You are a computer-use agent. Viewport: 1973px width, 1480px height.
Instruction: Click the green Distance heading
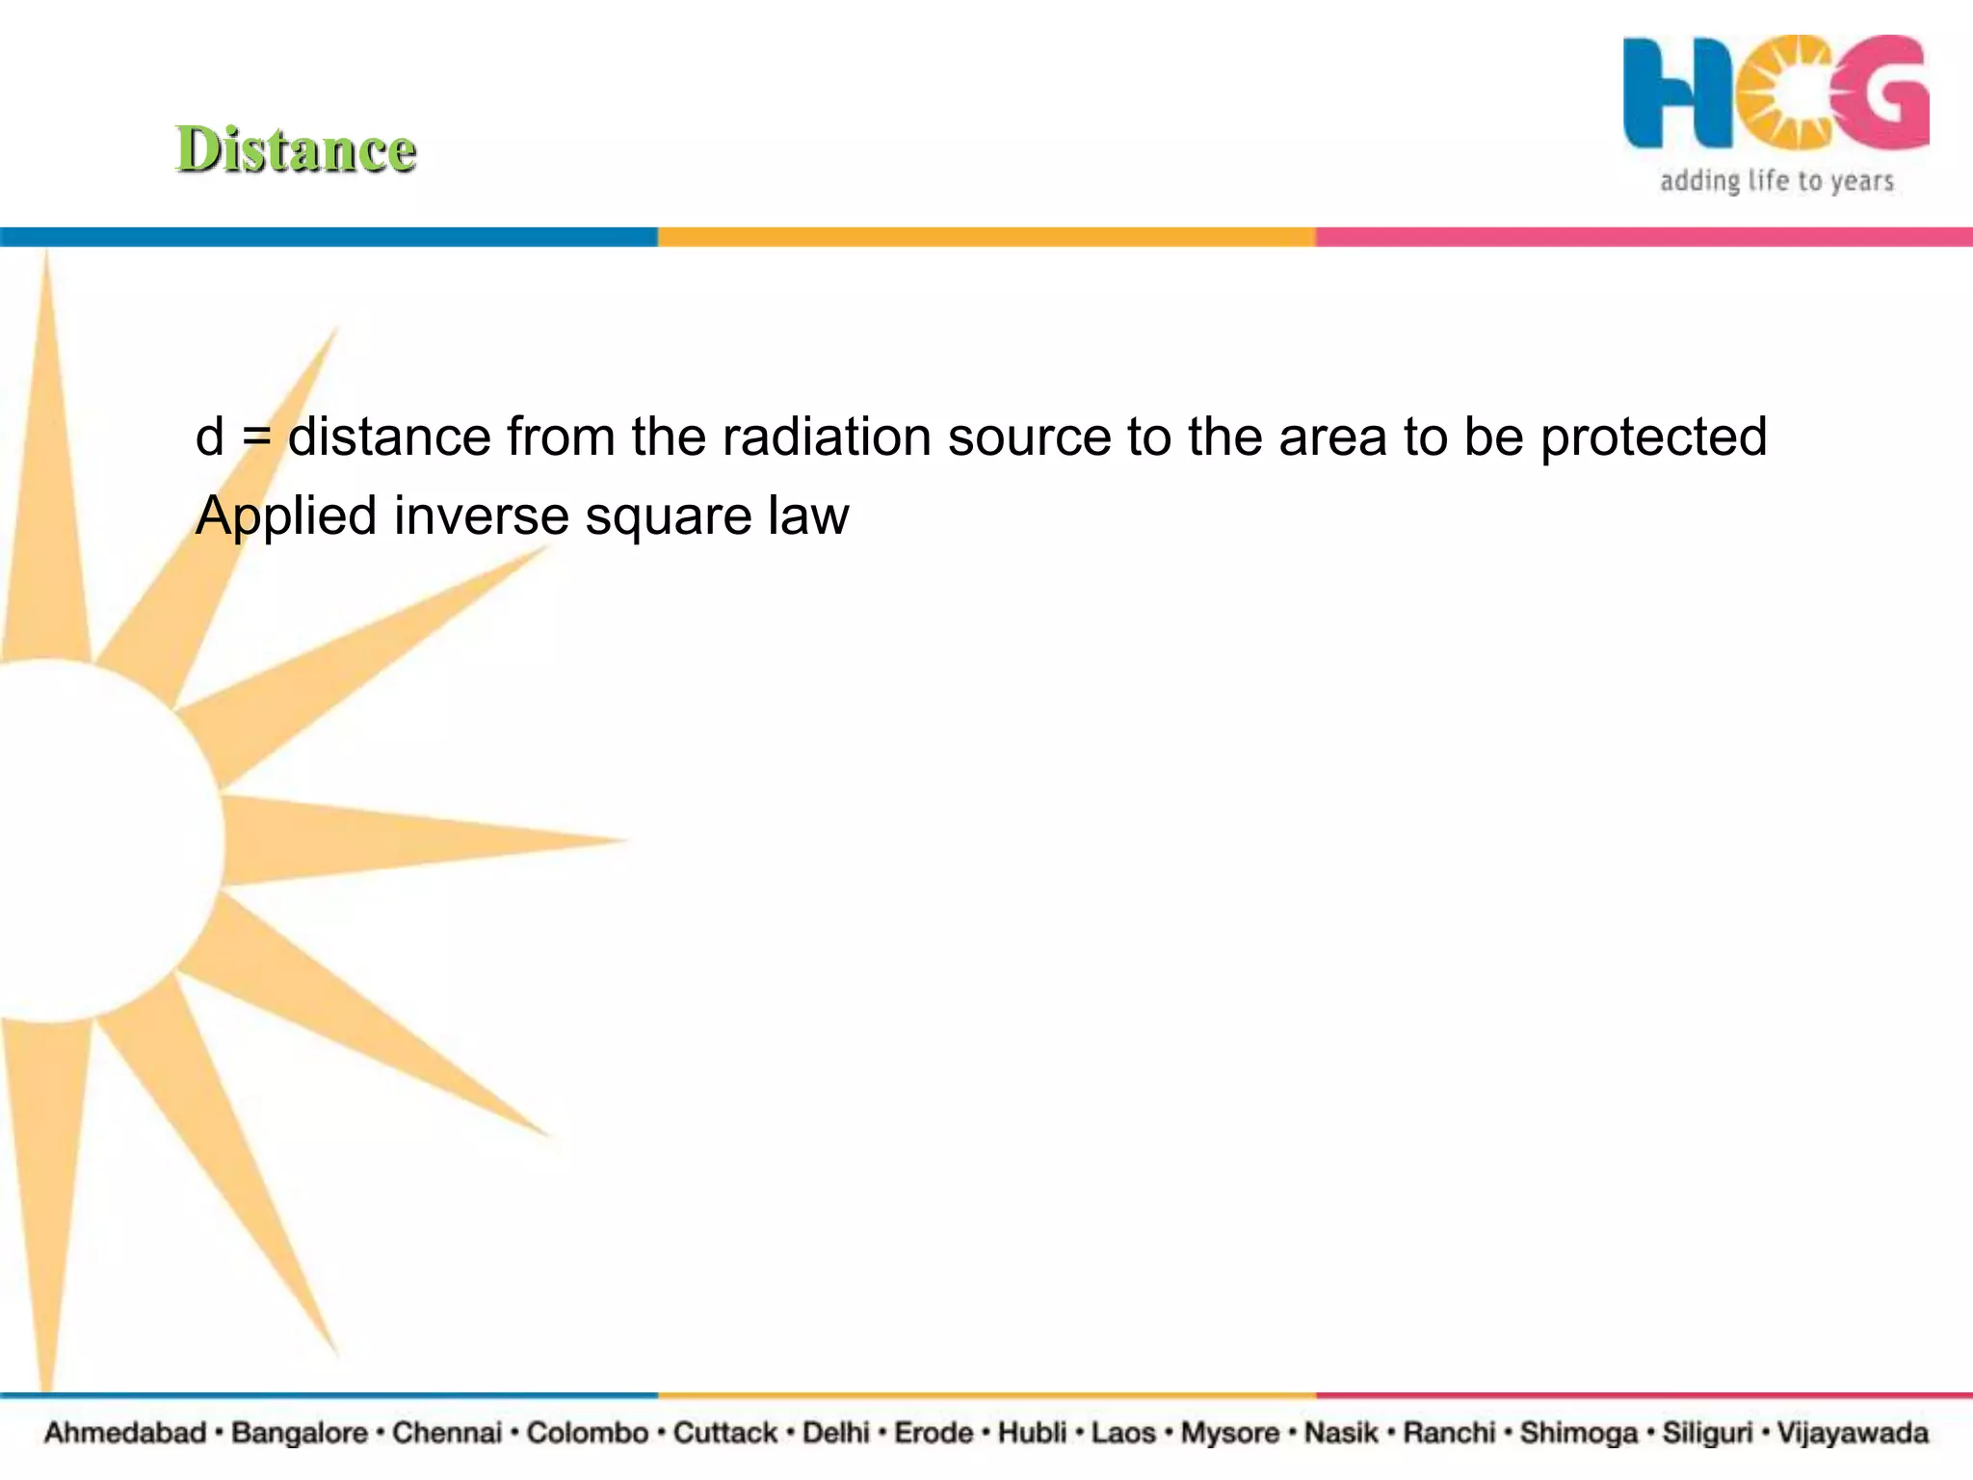click(x=296, y=150)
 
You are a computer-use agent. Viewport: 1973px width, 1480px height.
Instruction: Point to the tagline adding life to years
click(x=1776, y=181)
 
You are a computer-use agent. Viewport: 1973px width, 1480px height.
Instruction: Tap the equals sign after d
click(x=256, y=438)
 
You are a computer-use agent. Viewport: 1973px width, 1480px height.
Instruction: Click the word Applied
click(x=286, y=516)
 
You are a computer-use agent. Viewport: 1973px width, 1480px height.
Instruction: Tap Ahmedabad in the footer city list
click(x=125, y=1433)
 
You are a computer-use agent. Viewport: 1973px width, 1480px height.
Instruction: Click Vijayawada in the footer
click(x=1852, y=1433)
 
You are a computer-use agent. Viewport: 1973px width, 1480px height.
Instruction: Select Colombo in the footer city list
click(x=587, y=1433)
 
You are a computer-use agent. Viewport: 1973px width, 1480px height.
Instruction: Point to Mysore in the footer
click(x=1230, y=1433)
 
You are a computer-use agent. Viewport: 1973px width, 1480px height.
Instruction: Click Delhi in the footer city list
click(x=835, y=1433)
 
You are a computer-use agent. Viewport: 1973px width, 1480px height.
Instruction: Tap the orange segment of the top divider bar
click(x=986, y=237)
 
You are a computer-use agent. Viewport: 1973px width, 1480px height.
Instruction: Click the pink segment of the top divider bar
click(x=1644, y=237)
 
